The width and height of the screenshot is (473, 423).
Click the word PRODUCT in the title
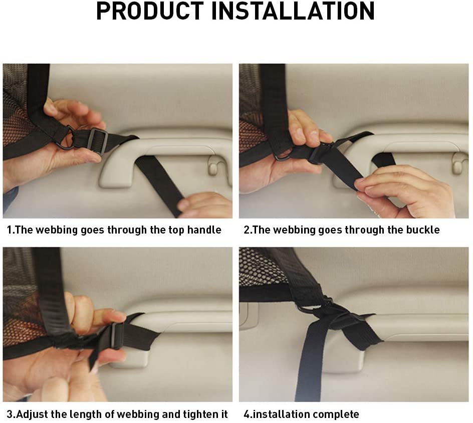pyautogui.click(x=150, y=11)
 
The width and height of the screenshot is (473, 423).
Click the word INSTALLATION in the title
pyautogui.click(x=293, y=11)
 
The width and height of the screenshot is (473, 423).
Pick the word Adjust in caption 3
pyautogui.click(x=32, y=414)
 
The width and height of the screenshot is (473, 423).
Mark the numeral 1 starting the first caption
pyautogui.click(x=10, y=230)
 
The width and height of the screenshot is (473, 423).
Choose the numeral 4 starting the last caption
pyautogui.click(x=247, y=414)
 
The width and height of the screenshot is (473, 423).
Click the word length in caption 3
pyautogui.click(x=85, y=414)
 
